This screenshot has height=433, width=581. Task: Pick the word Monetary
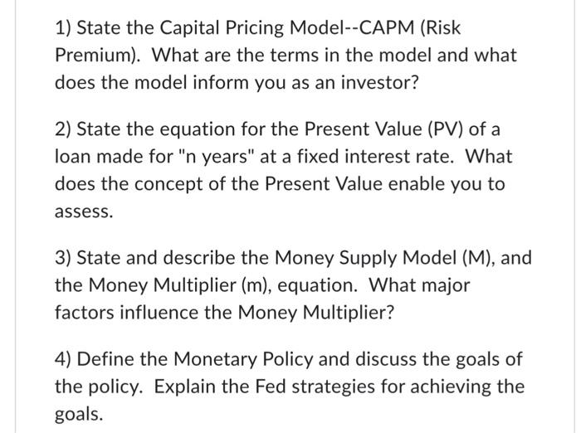click(x=207, y=359)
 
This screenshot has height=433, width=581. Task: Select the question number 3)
click(x=65, y=258)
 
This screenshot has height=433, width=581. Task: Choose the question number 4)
click(x=65, y=359)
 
